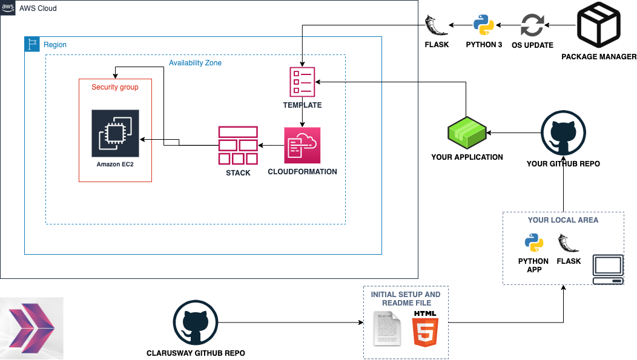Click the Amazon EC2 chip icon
pos(115,133)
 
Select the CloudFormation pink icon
pos(302,145)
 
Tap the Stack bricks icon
pos(238,145)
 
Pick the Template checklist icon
pos(302,82)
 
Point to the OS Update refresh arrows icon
pos(533,26)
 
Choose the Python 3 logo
pos(484,26)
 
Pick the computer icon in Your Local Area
pos(608,269)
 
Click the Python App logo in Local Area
pos(533,243)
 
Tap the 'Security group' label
pos(115,87)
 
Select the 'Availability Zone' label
pos(195,63)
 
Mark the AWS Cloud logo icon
pos(8,7)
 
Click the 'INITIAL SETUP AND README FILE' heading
pos(406,299)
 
